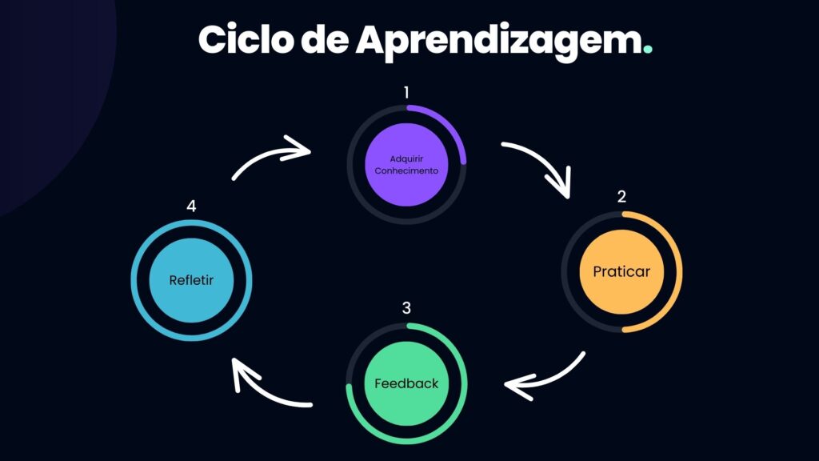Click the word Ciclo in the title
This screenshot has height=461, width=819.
click(x=246, y=39)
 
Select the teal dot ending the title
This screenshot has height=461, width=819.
click(x=648, y=49)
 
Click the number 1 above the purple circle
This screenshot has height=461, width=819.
click(x=406, y=93)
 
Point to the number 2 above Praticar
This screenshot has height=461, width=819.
click(x=621, y=197)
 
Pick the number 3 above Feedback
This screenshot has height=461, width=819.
click(x=406, y=308)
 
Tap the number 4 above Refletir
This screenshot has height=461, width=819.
click(x=191, y=206)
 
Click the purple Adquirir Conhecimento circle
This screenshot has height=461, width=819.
click(x=406, y=165)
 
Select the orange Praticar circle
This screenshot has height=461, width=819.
click(x=621, y=272)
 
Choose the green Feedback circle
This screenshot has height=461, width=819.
click(x=406, y=383)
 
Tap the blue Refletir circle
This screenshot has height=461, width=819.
click(x=191, y=280)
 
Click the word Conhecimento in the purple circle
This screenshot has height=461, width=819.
click(x=406, y=171)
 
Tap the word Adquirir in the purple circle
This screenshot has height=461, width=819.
click(x=406, y=159)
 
